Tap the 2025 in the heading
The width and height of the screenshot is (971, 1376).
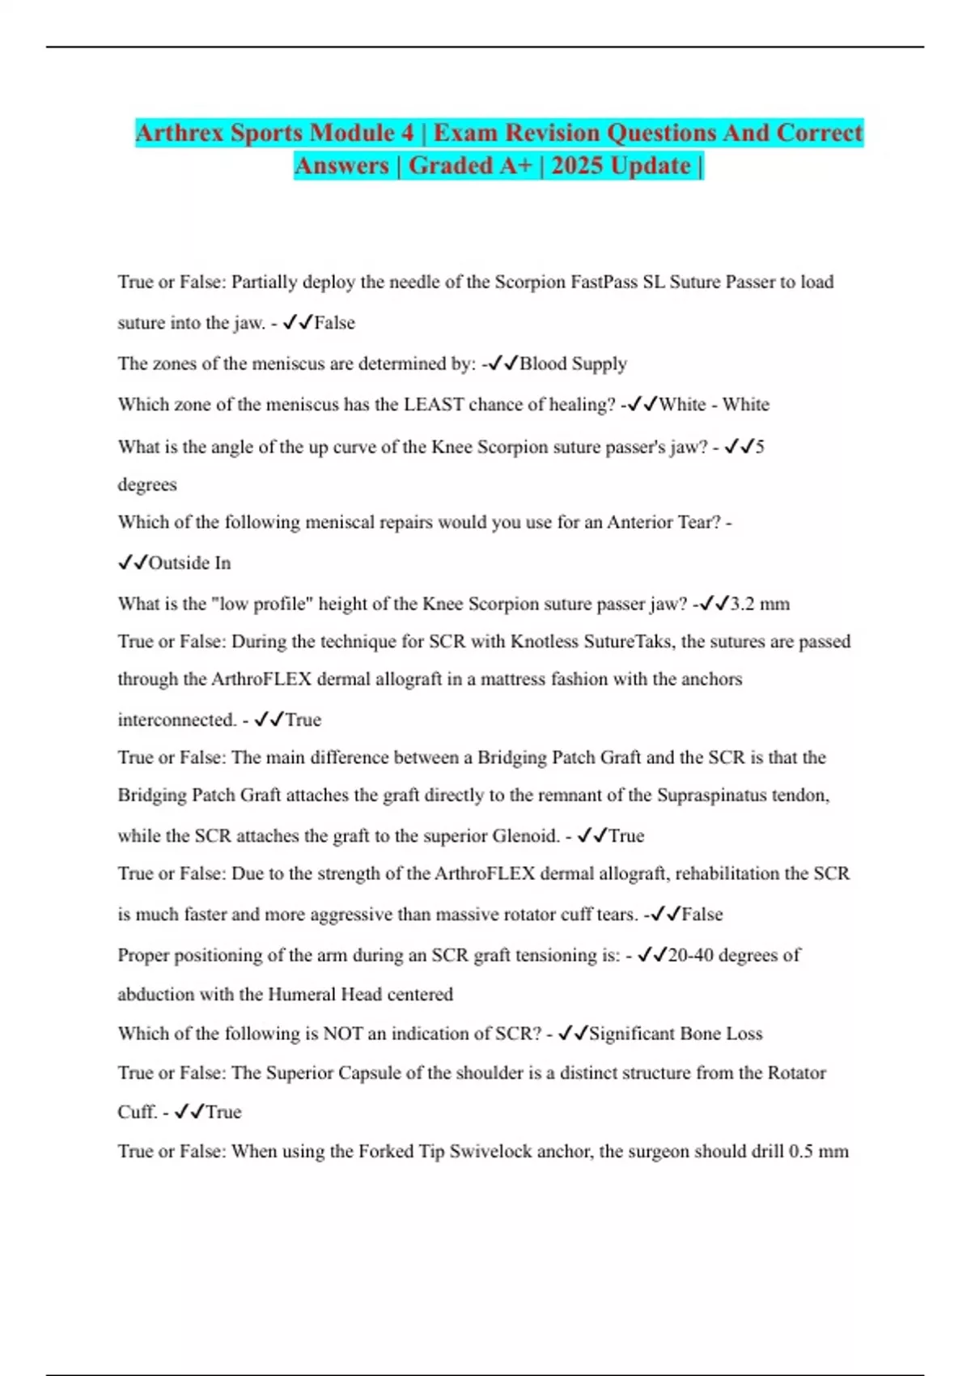click(x=577, y=166)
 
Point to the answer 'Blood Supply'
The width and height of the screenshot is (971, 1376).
click(x=573, y=364)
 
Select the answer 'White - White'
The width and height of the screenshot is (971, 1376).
click(x=714, y=405)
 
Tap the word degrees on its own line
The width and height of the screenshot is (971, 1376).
click(x=147, y=485)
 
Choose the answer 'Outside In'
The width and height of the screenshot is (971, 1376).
click(x=189, y=563)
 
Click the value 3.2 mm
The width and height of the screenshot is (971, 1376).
click(x=760, y=604)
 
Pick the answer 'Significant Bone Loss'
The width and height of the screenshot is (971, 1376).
click(x=676, y=1034)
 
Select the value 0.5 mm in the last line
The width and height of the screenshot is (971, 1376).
click(x=818, y=1152)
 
